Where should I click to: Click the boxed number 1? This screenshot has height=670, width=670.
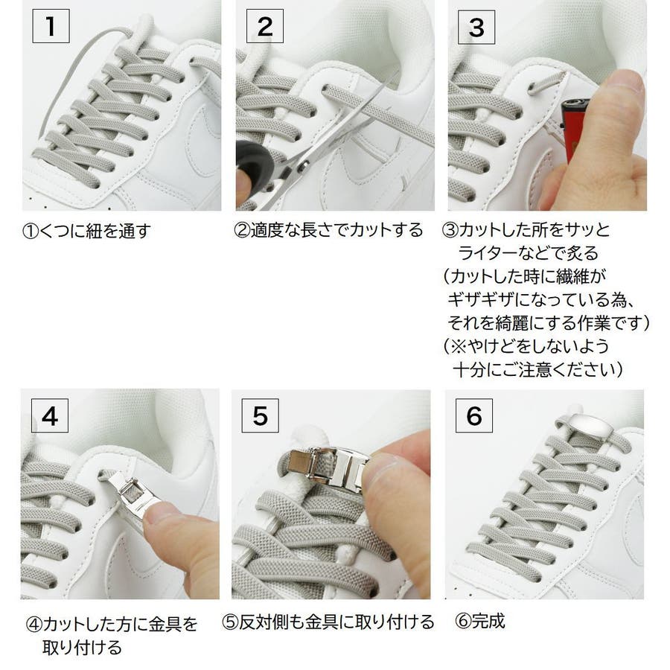click(51, 27)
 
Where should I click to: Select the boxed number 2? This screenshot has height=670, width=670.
click(265, 27)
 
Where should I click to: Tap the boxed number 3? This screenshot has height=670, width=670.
click(476, 28)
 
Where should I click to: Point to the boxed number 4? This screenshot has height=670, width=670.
click(50, 415)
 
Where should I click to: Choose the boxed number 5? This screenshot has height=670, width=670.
click(261, 415)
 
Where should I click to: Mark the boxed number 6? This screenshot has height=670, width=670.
click(474, 415)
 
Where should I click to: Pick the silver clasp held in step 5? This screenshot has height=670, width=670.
click(328, 466)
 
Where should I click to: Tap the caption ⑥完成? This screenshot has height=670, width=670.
click(480, 621)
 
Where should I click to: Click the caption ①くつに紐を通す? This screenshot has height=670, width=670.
click(86, 232)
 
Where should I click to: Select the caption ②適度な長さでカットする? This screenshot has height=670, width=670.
click(328, 230)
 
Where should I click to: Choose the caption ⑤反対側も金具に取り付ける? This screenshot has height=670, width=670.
click(328, 622)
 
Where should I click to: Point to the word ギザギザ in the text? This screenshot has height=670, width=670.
click(481, 299)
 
